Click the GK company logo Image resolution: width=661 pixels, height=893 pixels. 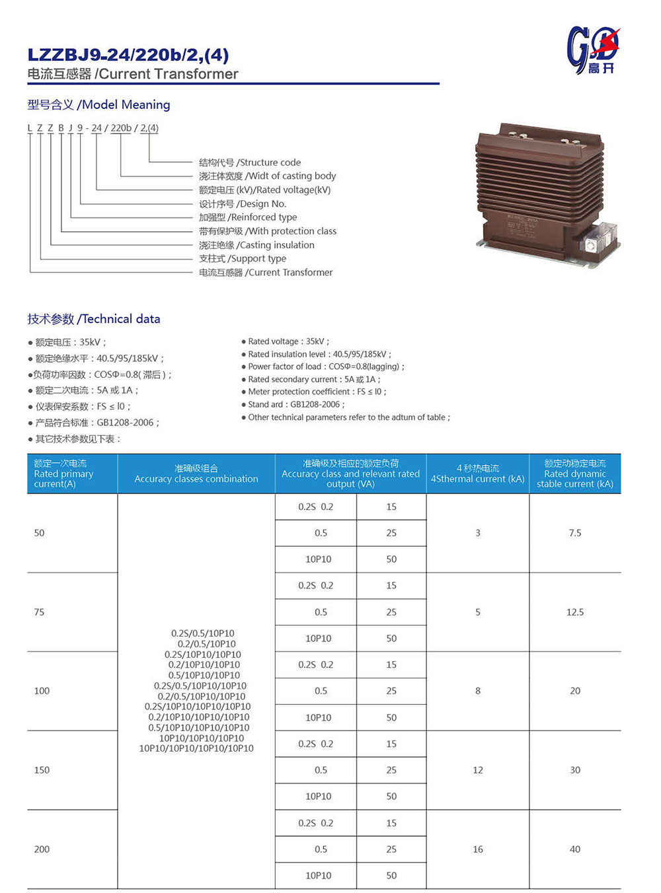593,50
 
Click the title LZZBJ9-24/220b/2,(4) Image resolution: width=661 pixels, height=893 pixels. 128,55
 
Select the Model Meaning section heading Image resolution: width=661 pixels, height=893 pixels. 98,104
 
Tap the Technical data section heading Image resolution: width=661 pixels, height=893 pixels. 93,319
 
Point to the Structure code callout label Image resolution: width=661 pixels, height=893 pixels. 250,162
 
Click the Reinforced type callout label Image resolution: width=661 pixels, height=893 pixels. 248,217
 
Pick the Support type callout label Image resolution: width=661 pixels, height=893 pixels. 243,258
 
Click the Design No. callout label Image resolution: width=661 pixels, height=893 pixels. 243,203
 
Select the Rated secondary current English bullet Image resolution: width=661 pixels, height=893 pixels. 313,379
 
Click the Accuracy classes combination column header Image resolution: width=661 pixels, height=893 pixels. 196,474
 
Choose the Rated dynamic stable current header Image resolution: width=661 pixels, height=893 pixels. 574,474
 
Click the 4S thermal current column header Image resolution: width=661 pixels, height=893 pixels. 477,474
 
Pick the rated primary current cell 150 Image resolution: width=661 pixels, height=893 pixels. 42,770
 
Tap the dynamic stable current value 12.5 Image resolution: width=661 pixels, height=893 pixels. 575,612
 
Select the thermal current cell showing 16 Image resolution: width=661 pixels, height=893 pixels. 478,849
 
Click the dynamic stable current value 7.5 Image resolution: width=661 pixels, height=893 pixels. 575,533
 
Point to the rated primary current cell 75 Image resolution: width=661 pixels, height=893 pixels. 39,612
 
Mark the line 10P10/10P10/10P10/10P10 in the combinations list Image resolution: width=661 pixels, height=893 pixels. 196,748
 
